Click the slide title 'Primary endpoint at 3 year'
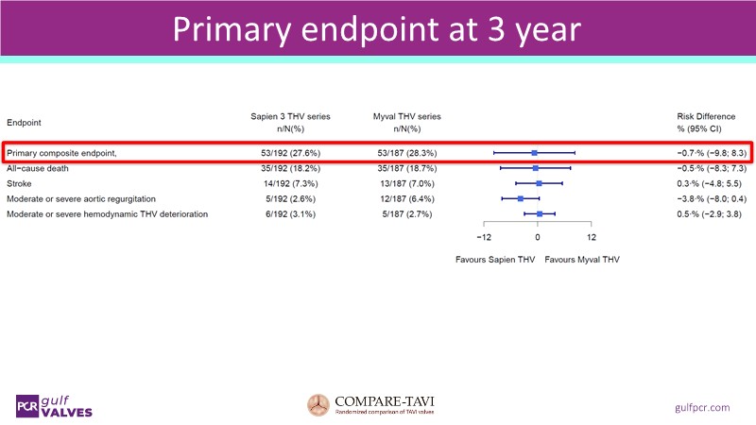377,30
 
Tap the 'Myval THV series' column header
406,116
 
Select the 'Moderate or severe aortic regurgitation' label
81,198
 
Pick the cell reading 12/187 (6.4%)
406,198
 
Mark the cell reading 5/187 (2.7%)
406,214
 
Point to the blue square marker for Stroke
539,183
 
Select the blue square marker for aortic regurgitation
520,198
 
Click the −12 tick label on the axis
483,236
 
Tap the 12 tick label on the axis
591,236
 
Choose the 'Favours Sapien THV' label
494,258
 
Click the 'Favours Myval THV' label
582,258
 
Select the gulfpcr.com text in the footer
703,406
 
